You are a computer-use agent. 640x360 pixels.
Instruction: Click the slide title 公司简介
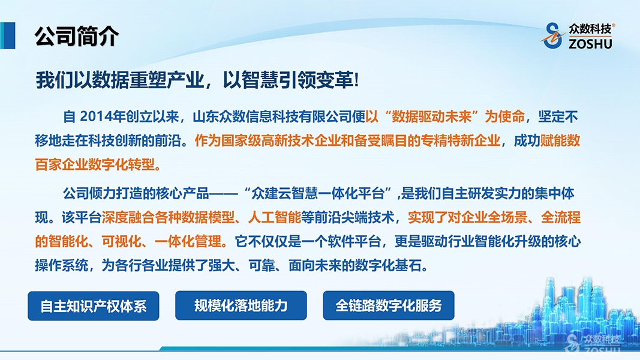(76, 36)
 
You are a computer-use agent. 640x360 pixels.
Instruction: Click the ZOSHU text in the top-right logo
(590, 43)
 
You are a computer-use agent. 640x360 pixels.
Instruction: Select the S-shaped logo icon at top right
(553, 35)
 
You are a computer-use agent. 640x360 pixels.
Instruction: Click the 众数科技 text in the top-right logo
(590, 29)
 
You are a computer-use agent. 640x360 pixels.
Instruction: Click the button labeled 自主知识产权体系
(94, 306)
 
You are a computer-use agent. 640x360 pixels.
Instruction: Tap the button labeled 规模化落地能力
(241, 306)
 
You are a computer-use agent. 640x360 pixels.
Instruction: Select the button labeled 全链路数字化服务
(389, 306)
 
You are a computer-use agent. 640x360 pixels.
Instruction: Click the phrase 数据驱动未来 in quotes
(432, 117)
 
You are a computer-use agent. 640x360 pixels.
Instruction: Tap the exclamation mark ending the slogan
(356, 80)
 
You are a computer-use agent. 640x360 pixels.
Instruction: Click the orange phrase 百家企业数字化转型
(95, 165)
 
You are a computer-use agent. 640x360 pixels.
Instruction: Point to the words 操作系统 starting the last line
(61, 266)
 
